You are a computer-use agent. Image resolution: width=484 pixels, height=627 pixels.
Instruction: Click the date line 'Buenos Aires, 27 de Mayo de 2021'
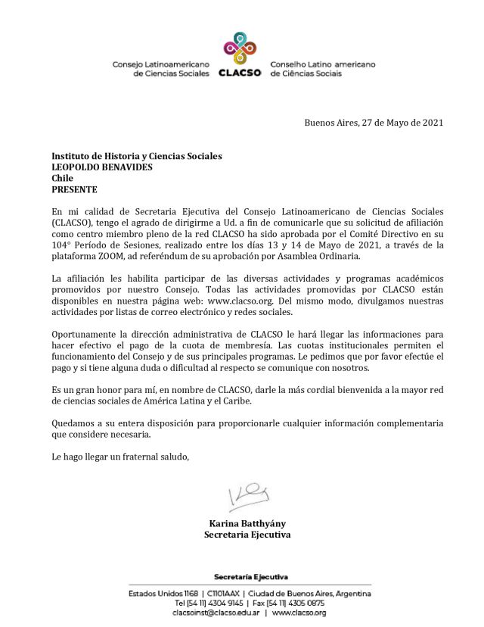[374, 123]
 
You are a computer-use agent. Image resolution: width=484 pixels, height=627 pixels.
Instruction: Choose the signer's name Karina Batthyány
[247, 523]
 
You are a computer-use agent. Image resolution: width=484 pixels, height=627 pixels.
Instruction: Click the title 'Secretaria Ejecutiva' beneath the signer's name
[247, 535]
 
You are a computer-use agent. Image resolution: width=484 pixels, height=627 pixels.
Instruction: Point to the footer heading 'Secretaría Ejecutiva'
[250, 578]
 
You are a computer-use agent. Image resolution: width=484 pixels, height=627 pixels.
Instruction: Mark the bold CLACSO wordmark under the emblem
[239, 73]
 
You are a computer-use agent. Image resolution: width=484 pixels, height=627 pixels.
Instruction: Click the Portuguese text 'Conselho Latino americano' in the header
[317, 65]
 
